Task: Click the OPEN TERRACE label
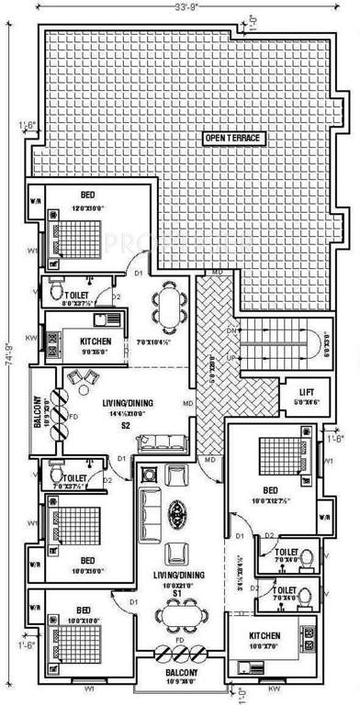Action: (x=234, y=138)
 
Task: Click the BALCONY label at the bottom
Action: (x=180, y=672)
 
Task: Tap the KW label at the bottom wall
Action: (x=275, y=688)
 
